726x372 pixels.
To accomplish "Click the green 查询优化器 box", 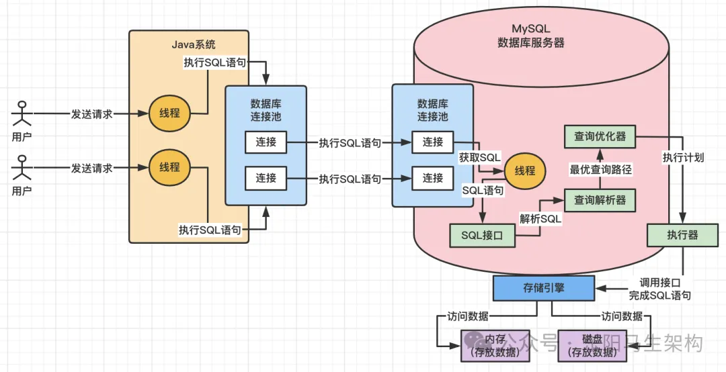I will [600, 136].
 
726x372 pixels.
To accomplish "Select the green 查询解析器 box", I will [600, 199].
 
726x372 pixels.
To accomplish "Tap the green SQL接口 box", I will [483, 236].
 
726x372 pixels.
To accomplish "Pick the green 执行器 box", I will [682, 236].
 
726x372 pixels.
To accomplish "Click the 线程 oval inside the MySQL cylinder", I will [526, 171].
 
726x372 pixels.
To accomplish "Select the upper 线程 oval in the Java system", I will [169, 113].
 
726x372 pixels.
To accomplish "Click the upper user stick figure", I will [22, 113].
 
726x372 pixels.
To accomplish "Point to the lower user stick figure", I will [22, 169].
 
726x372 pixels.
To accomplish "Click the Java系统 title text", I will [194, 44].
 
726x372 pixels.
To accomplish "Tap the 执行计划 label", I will [684, 158].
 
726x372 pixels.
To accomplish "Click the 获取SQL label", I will [479, 157].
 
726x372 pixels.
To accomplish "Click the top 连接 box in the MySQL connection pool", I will [433, 142].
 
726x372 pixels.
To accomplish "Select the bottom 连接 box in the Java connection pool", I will [266, 178].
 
